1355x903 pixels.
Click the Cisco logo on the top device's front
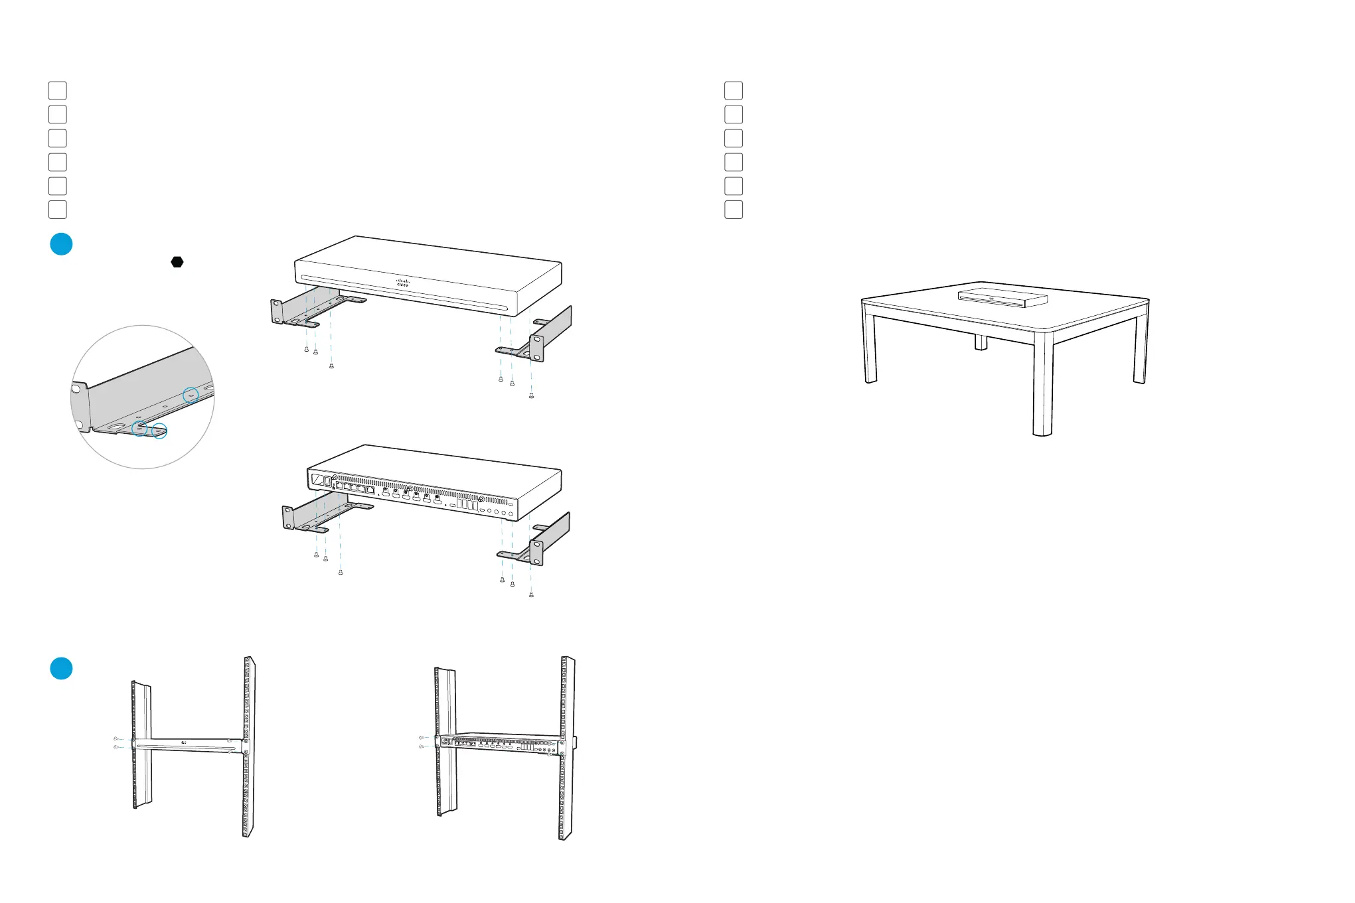(403, 282)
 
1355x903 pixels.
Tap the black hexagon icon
(177, 262)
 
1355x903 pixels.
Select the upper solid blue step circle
(61, 244)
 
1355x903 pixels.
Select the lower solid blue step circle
(61, 668)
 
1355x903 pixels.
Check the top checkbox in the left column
(58, 90)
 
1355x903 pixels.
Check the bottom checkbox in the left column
(58, 210)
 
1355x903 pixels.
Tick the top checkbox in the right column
(734, 90)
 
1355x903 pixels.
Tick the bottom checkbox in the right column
(734, 210)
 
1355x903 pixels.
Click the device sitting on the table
(1002, 297)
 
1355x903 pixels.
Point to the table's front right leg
(1043, 385)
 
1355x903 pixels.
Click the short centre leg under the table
(981, 342)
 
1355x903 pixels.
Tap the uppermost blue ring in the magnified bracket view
(191, 395)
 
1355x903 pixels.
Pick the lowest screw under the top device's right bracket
(531, 396)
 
